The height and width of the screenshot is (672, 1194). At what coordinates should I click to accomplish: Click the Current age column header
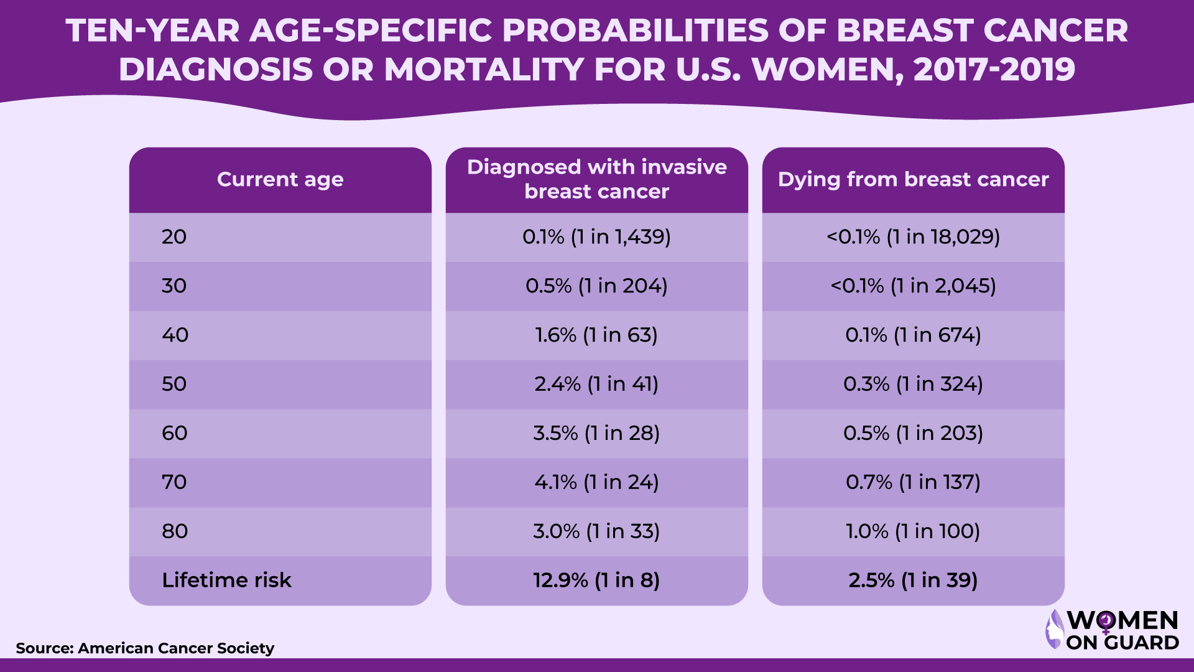coord(280,179)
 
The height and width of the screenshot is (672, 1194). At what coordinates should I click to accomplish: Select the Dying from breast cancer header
coord(913,179)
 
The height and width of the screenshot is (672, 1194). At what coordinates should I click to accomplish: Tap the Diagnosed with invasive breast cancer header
coord(596,179)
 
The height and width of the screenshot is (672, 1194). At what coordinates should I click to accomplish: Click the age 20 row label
coord(174,236)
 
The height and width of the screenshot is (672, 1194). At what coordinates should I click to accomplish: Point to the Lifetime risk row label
coord(226,580)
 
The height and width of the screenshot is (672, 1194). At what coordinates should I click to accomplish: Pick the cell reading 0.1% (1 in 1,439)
coord(596,236)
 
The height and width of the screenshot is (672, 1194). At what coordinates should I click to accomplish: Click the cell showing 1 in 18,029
coord(913,236)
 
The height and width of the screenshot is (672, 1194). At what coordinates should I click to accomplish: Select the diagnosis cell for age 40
coord(596,335)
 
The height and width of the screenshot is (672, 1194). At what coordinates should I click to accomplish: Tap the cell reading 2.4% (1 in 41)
coord(596,384)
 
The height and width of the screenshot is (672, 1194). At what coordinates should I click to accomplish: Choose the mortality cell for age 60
coord(913,433)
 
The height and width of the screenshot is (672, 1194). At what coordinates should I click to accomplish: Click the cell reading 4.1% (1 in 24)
coord(596,482)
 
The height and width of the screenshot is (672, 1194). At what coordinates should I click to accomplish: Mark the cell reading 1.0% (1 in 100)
coord(913,531)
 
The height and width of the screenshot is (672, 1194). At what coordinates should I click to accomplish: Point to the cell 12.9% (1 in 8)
coord(596,580)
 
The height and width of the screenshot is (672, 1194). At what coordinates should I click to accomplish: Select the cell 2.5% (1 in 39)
coord(913,580)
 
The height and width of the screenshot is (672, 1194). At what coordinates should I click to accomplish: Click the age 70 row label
coord(174,482)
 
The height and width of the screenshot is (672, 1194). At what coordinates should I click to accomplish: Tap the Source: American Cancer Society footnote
coord(145,648)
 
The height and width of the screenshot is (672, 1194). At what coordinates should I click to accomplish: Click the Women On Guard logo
coord(1113,630)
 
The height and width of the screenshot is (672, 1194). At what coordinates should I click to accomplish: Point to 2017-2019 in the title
coord(994,69)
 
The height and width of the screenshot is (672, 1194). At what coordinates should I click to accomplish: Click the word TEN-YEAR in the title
coord(153,30)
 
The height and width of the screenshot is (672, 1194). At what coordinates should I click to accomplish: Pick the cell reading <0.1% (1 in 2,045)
coord(913,286)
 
